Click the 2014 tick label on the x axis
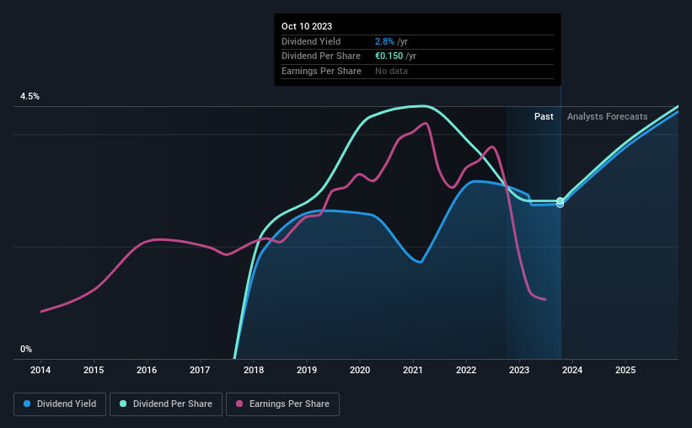[x=40, y=370]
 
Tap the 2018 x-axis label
[x=254, y=370]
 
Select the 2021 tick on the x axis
[x=413, y=370]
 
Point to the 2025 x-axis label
[x=625, y=370]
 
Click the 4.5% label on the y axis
[x=30, y=97]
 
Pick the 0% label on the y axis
[x=26, y=350]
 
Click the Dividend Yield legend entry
[x=60, y=404]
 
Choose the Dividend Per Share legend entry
[x=169, y=404]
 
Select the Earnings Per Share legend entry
[x=282, y=404]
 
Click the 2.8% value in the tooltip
[x=384, y=41]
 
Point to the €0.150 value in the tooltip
[x=389, y=56]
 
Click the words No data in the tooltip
[x=393, y=71]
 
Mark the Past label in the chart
[x=544, y=116]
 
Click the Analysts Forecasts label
[x=608, y=116]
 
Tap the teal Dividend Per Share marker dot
[x=560, y=201]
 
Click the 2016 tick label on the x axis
[x=147, y=370]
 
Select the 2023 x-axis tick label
[x=519, y=370]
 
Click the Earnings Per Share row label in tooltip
[x=321, y=71]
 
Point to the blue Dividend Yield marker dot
[x=560, y=205]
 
